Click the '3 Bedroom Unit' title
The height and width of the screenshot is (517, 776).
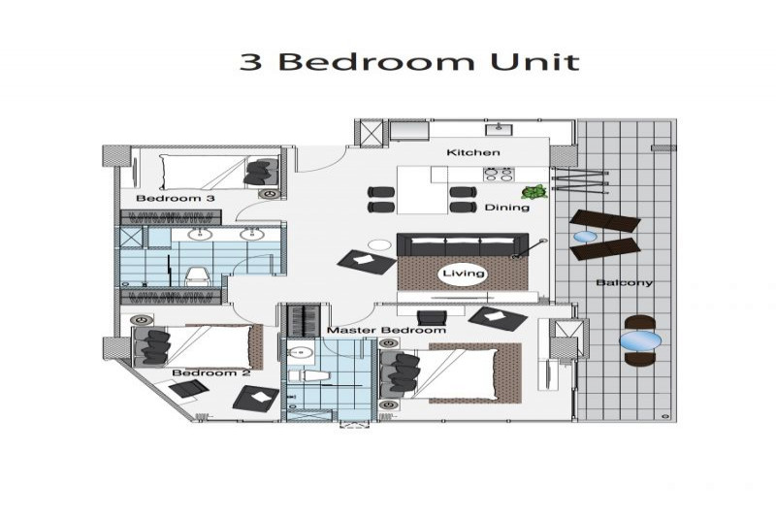(x=409, y=61)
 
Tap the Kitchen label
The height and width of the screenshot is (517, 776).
(x=473, y=152)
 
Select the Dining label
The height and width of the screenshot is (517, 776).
(x=506, y=208)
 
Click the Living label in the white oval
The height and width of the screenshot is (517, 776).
(x=464, y=274)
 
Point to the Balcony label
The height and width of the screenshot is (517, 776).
(x=624, y=282)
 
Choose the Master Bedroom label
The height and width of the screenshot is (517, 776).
(x=386, y=330)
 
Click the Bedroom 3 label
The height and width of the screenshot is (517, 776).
(x=176, y=199)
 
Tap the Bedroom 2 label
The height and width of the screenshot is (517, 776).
(x=211, y=372)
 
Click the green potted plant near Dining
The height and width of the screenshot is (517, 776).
(x=534, y=191)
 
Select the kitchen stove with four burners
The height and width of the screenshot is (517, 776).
(x=499, y=175)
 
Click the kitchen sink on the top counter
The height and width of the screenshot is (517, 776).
(x=499, y=129)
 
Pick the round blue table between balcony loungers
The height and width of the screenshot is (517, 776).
(x=585, y=238)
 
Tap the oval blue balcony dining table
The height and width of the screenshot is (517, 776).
(x=640, y=340)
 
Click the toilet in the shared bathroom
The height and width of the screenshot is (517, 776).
(x=198, y=277)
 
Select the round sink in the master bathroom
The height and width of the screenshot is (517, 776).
(x=301, y=352)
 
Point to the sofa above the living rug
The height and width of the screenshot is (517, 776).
(x=463, y=244)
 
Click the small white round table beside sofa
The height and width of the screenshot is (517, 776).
(x=380, y=244)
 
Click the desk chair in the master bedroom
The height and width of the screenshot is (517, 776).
(x=432, y=317)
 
